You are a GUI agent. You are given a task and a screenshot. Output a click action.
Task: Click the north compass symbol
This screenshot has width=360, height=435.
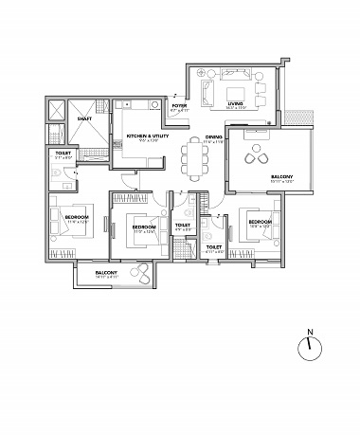point(308,348)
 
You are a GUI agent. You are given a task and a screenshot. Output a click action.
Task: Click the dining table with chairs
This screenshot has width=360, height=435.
point(195,157)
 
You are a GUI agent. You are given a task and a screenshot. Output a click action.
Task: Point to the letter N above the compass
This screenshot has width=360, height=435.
point(308,333)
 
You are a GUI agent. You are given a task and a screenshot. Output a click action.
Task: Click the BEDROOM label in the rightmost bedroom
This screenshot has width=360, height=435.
point(260,221)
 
